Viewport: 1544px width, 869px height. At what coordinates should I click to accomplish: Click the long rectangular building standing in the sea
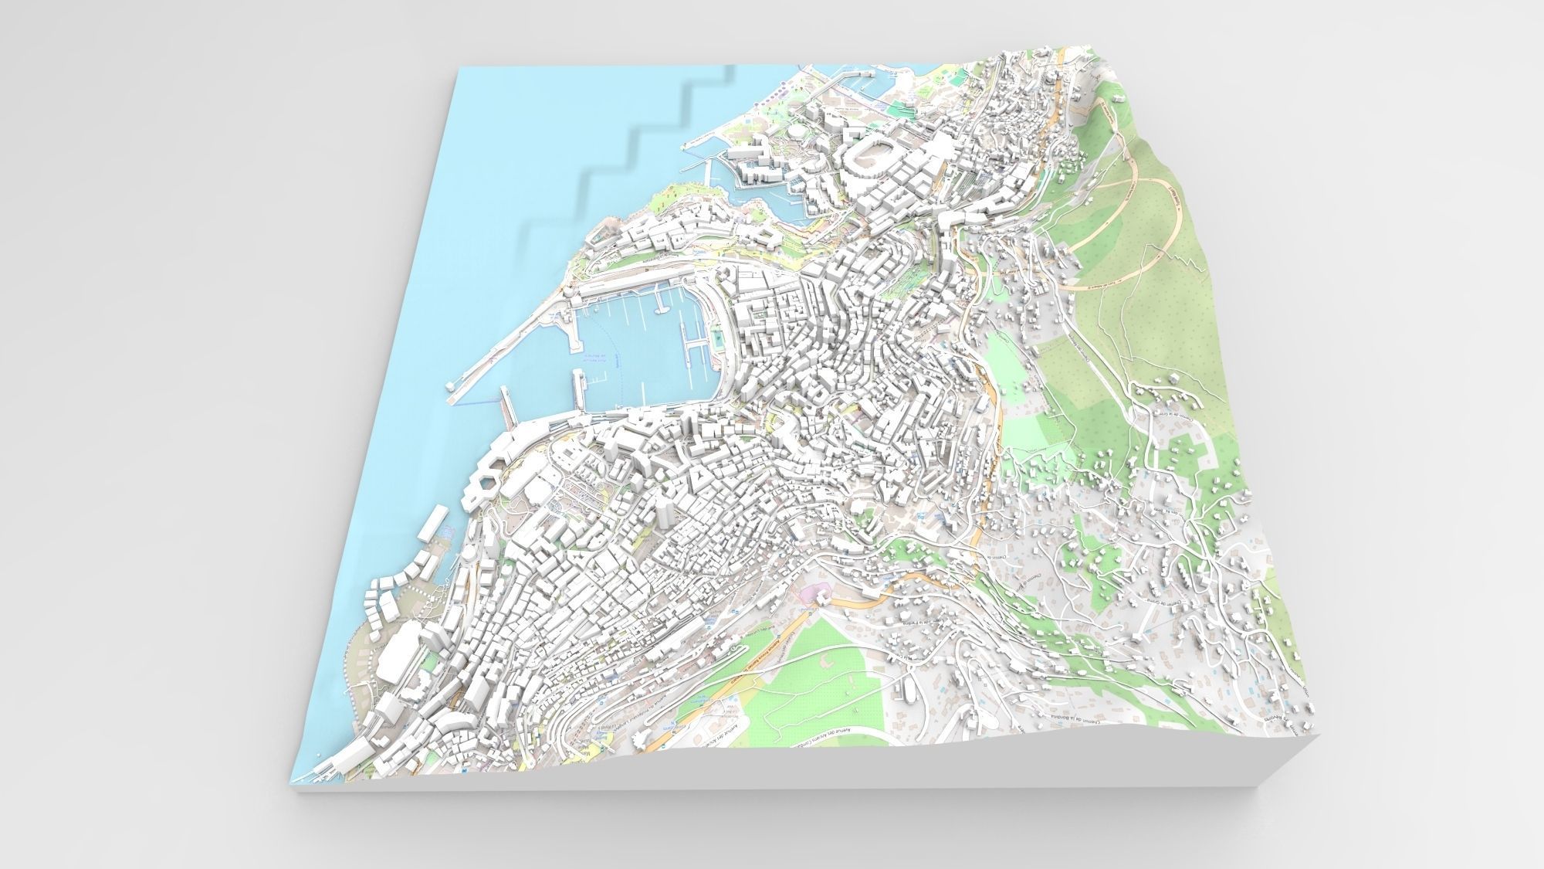coord(433,526)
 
